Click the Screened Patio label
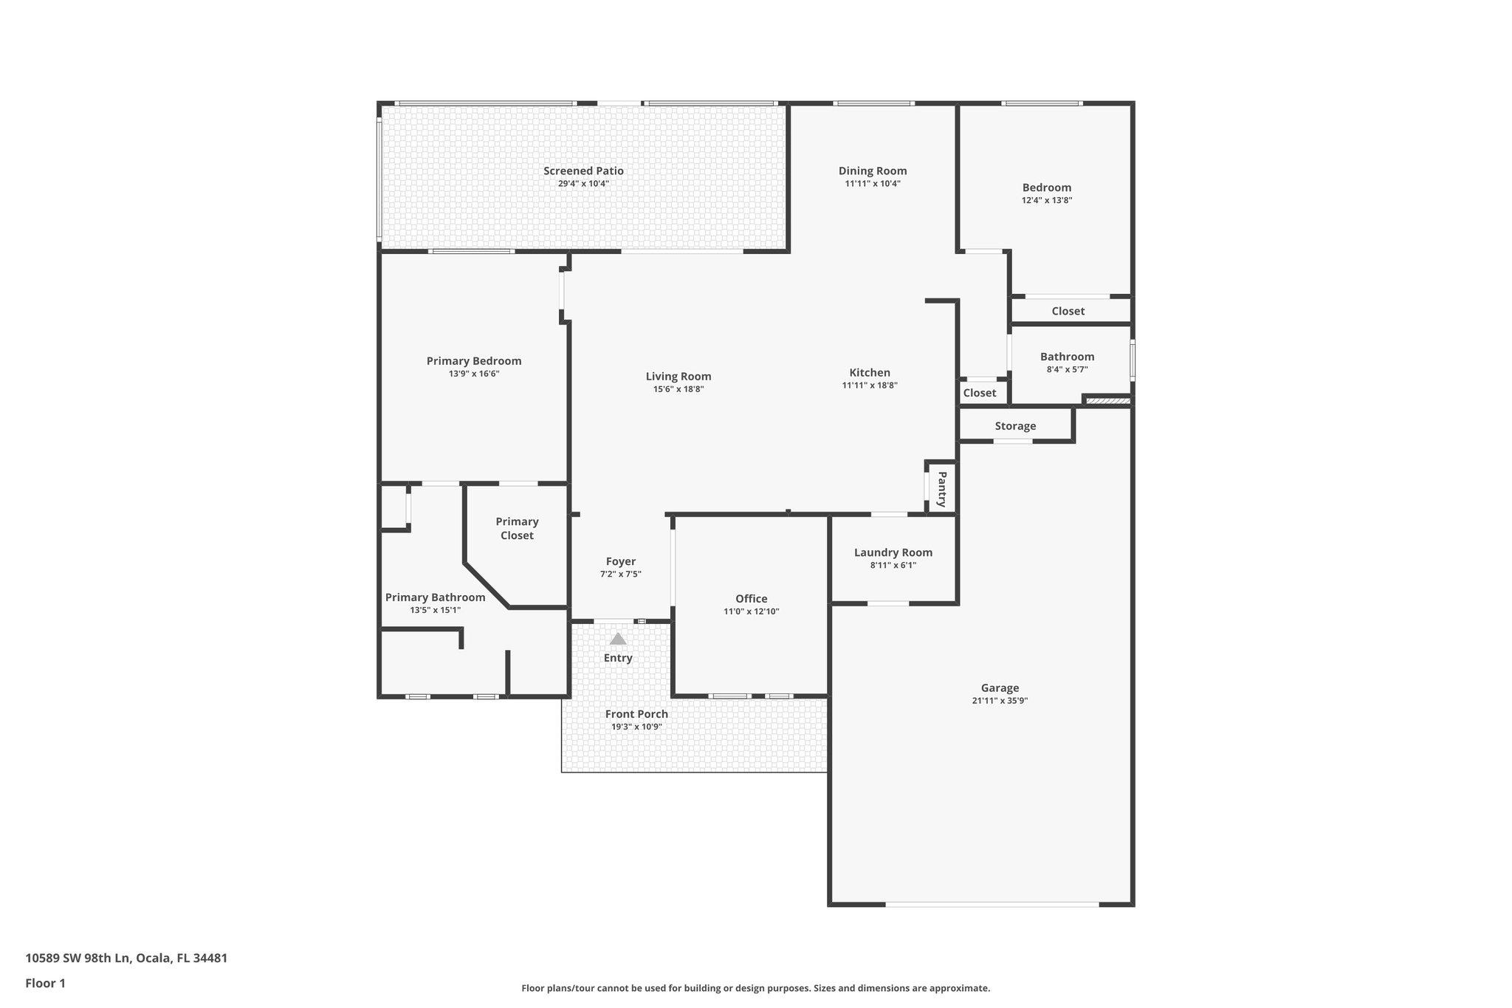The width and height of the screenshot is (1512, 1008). click(x=583, y=171)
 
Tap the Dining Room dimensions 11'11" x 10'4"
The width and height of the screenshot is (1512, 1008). click(x=873, y=184)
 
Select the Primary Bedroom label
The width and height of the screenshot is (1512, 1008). click(x=474, y=361)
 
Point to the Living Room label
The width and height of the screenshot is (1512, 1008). click(x=678, y=377)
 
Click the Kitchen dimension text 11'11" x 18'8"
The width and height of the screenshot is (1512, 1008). click(x=870, y=385)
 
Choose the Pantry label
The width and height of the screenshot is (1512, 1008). click(x=942, y=489)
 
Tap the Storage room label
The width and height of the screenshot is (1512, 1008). click(x=1015, y=426)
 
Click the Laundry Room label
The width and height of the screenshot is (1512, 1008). click(x=893, y=552)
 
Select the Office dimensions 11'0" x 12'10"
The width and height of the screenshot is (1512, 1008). click(x=752, y=611)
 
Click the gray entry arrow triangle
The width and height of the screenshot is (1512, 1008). click(x=618, y=639)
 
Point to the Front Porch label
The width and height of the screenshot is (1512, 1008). click(x=636, y=714)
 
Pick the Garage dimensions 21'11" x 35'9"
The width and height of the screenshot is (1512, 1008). click(x=1000, y=701)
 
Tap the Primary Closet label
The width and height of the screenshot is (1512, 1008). click(x=517, y=529)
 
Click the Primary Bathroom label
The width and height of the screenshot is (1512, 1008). click(x=436, y=597)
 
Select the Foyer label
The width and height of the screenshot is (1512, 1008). click(x=621, y=561)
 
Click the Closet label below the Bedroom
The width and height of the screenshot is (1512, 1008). click(x=1068, y=311)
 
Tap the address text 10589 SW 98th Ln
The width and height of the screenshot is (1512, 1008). click(x=78, y=959)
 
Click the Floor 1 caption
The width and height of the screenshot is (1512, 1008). click(x=45, y=983)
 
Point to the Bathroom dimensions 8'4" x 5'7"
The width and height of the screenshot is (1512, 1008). click(x=1068, y=369)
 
